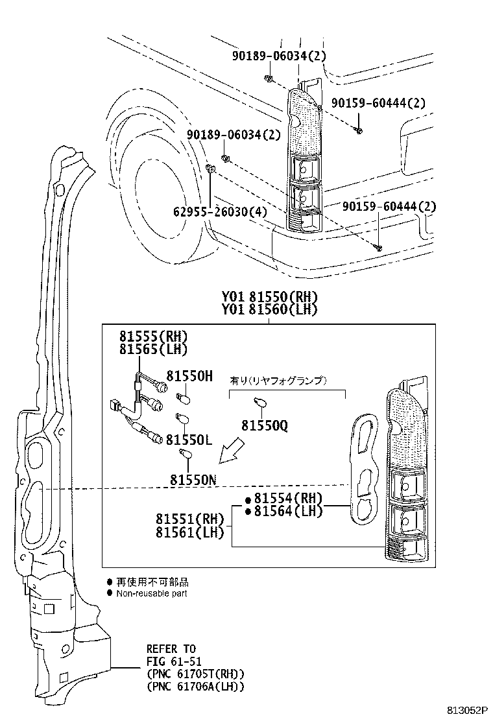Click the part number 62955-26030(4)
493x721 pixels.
tap(220, 211)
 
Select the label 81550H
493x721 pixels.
tap(189, 376)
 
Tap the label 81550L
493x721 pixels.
tap(189, 440)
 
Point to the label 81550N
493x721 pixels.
tap(193, 480)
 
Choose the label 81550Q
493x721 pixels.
tap(265, 426)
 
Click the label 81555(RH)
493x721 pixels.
tap(154, 336)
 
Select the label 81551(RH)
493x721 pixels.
tap(189, 519)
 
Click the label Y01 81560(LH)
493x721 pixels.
tap(269, 309)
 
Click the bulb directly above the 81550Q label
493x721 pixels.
tap(260, 403)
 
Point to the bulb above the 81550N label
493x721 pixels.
tap(185, 455)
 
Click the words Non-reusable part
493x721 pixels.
tap(152, 593)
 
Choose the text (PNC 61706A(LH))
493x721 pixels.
tap(195, 687)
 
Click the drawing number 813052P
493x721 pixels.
tap(466, 711)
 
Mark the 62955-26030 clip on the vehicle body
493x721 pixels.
tap(211, 169)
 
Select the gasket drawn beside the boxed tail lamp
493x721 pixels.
tap(364, 469)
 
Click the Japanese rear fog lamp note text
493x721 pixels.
tap(278, 381)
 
